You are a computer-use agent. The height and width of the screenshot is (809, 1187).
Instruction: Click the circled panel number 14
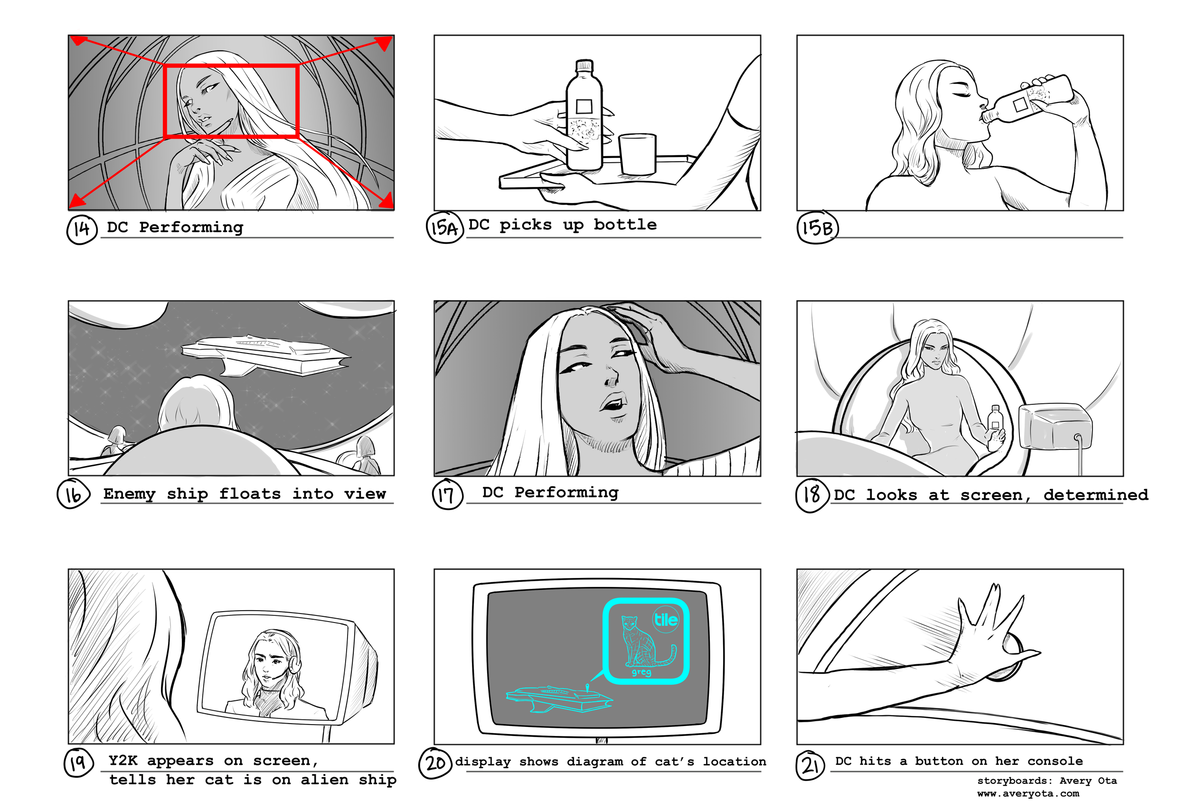[x=82, y=229]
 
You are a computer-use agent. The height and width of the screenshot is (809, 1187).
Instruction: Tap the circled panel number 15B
[x=817, y=228]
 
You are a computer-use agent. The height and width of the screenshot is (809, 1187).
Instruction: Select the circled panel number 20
[x=435, y=763]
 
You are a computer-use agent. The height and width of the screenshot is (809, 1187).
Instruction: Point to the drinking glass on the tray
[x=638, y=154]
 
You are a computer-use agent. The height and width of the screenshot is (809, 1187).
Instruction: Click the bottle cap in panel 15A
[x=584, y=66]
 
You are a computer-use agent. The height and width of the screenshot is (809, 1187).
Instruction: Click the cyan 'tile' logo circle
[x=666, y=620]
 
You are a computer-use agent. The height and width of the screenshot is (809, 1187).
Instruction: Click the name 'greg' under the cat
[x=641, y=672]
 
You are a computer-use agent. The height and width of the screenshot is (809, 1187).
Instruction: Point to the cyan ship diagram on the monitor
[x=559, y=699]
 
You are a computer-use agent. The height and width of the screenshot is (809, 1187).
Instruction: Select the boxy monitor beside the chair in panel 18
[x=1055, y=426]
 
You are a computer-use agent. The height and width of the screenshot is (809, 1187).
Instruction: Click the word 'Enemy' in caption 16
[x=129, y=494]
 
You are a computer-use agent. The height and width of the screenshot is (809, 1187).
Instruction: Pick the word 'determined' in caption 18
[x=1095, y=494]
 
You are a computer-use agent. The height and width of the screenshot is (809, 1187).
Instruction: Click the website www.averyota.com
[x=1027, y=794]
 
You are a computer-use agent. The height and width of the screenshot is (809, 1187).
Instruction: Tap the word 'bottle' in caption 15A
[x=625, y=224]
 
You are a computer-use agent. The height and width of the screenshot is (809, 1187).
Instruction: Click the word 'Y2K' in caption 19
[x=123, y=761]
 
